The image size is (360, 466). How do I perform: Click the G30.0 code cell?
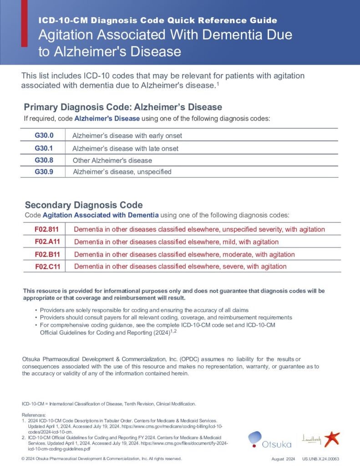point(44,136)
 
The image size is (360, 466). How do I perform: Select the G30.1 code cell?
point(44,148)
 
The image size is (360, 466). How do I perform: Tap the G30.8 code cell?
point(44,160)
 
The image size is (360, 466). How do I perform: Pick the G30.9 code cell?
point(44,172)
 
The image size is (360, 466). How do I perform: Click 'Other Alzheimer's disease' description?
point(112,161)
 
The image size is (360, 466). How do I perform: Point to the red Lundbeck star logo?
point(332,439)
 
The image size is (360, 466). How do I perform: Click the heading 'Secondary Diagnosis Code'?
point(84,205)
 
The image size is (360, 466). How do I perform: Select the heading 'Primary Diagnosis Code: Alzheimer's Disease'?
point(123,107)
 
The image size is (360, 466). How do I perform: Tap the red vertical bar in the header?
point(24,23)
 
